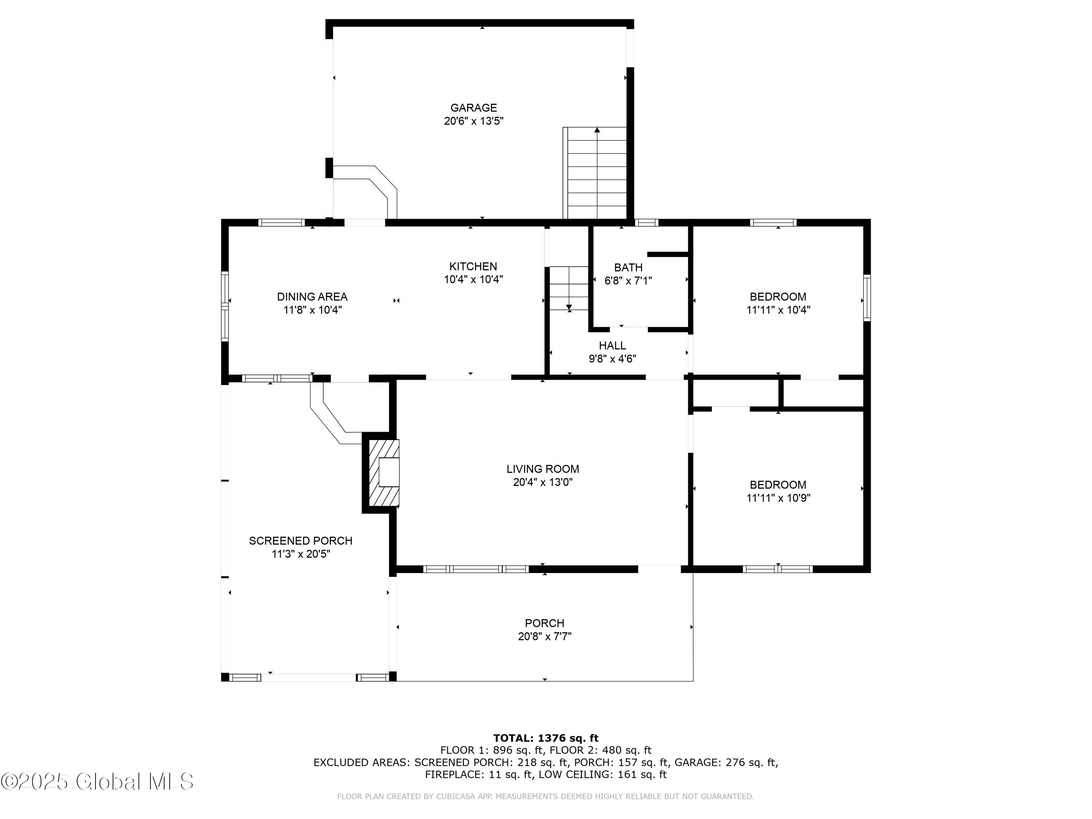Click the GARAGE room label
pos(474,108)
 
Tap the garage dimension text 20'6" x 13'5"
pos(474,121)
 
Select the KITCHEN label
pos(473,266)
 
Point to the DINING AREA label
pos(312,297)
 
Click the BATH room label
pos(628,268)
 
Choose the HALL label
pos(612,345)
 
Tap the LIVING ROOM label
pos(543,469)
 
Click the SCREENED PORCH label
pos(301,541)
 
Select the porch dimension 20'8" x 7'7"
pos(545,636)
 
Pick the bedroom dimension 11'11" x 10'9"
pos(778,498)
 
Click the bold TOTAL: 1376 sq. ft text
pos(546,738)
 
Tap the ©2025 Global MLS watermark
pos(97,781)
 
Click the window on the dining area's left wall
pos(225,306)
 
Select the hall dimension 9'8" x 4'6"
pos(612,359)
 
